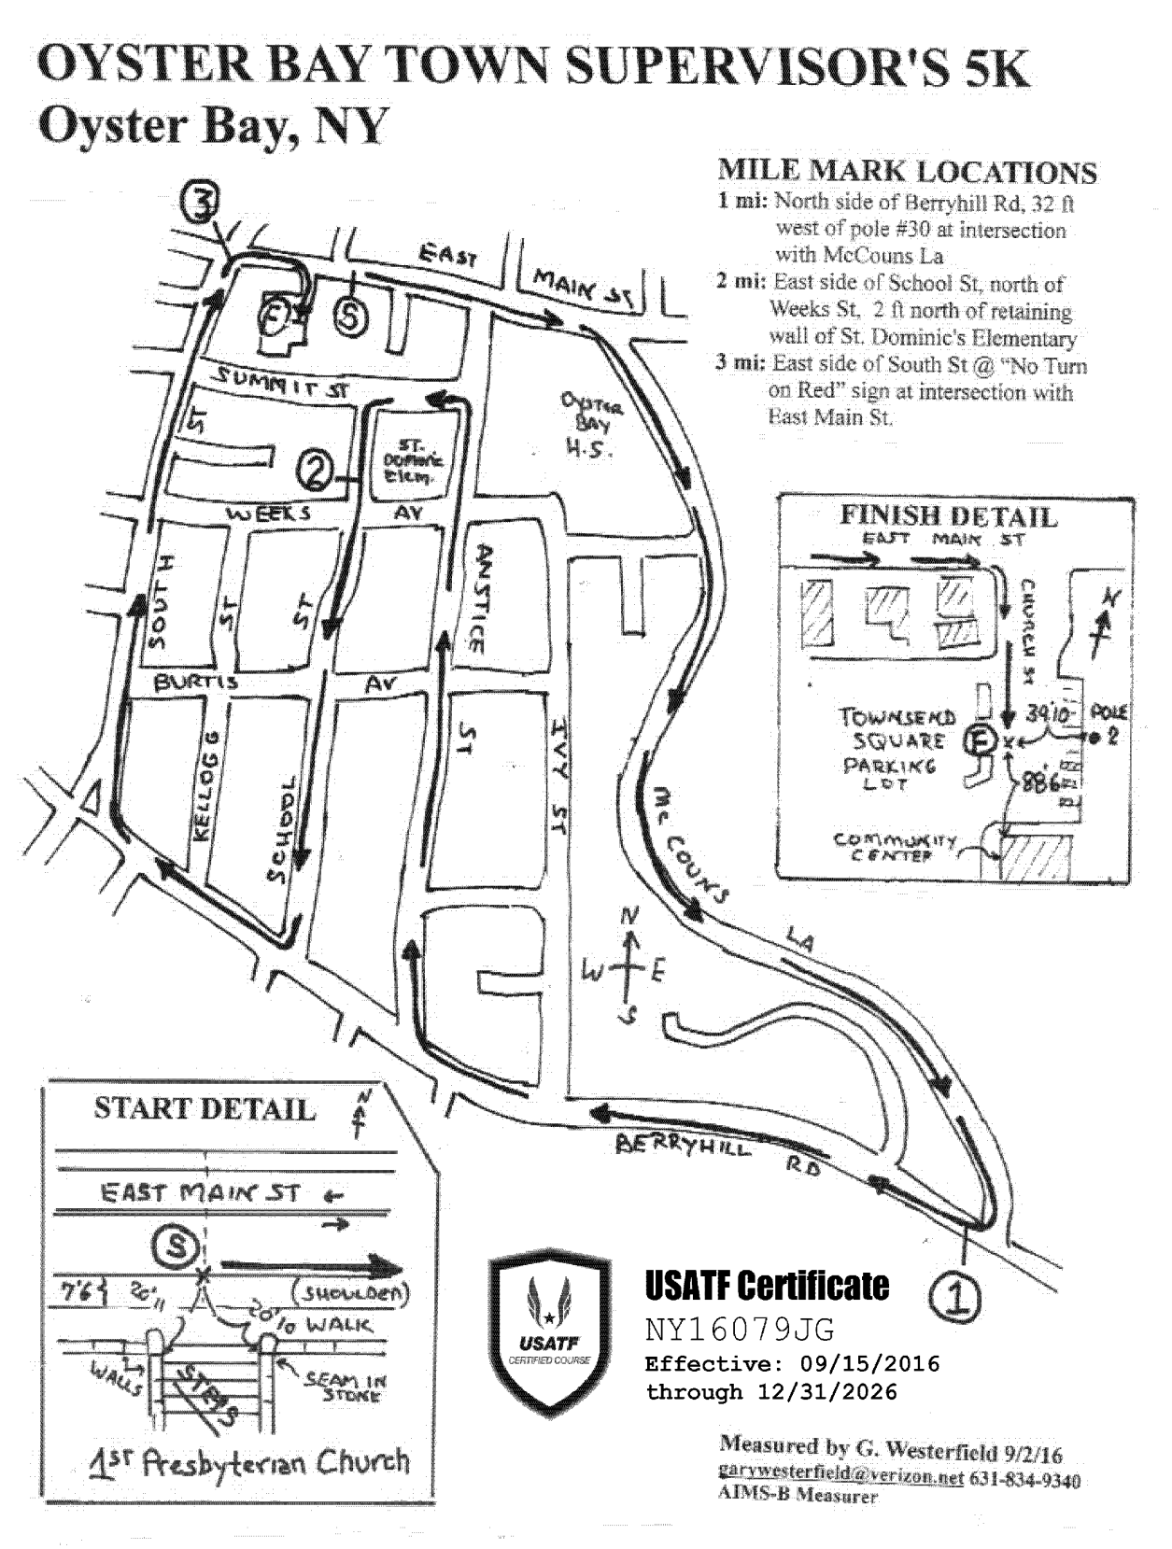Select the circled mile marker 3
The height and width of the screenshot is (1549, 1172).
(x=201, y=202)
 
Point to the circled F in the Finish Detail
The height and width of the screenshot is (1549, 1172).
(x=981, y=740)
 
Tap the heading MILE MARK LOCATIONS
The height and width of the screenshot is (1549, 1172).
(x=907, y=173)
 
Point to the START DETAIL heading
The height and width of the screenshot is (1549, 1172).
(x=205, y=1109)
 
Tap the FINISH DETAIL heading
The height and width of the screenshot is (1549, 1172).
(x=949, y=516)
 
